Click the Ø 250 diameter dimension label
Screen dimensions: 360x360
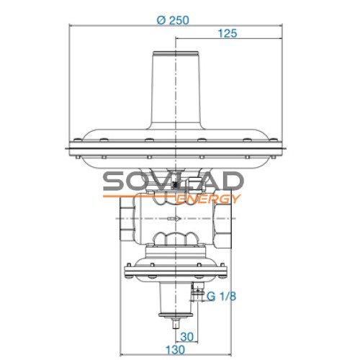coord(173,20)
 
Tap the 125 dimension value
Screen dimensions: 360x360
coord(228,33)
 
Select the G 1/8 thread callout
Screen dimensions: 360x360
coord(221,297)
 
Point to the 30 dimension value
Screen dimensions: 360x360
coord(186,337)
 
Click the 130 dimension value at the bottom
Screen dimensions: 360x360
coord(176,350)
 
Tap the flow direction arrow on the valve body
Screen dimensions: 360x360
coord(174,218)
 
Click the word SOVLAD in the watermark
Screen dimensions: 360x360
coord(172,181)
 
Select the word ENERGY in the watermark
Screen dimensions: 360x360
coord(208,199)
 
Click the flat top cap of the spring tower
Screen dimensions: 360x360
coord(176,53)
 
